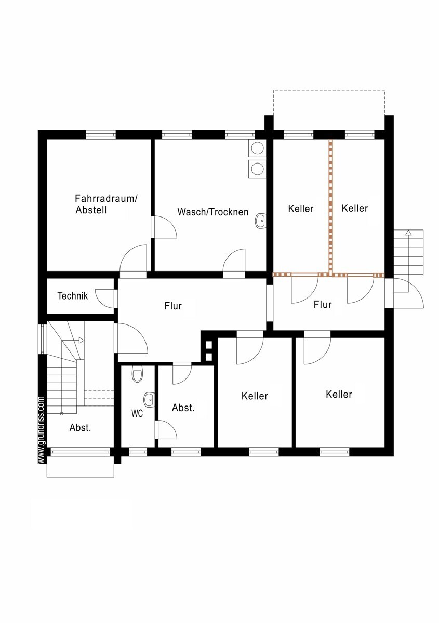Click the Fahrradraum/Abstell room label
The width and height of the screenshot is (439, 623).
(106, 205)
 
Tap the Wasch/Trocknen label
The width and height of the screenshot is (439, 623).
(213, 212)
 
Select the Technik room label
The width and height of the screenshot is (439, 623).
(72, 295)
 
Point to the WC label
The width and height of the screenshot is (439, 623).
(137, 414)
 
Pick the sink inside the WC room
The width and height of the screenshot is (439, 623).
(149, 400)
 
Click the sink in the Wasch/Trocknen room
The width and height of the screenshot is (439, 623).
(261, 221)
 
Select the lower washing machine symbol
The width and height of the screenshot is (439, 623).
(257, 169)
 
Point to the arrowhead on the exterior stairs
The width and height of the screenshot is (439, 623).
(408, 233)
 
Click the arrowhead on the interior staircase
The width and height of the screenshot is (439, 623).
(82, 340)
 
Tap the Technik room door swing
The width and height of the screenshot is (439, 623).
(104, 299)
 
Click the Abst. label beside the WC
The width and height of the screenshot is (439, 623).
(183, 408)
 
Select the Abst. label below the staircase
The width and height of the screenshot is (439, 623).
(80, 427)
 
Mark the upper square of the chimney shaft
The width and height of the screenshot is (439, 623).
(208, 345)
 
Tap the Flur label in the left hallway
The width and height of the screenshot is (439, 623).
(173, 306)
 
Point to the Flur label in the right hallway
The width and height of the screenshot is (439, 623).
(322, 305)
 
